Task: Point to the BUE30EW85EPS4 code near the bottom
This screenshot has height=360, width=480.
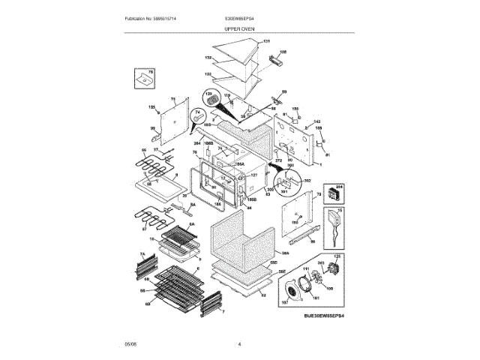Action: point(325,318)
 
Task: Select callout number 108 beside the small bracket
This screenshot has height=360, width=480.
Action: point(283,52)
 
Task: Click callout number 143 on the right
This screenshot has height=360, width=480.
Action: point(317,121)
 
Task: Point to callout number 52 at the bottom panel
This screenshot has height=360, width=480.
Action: point(263,295)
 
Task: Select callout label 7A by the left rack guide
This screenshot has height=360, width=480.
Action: point(140,255)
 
